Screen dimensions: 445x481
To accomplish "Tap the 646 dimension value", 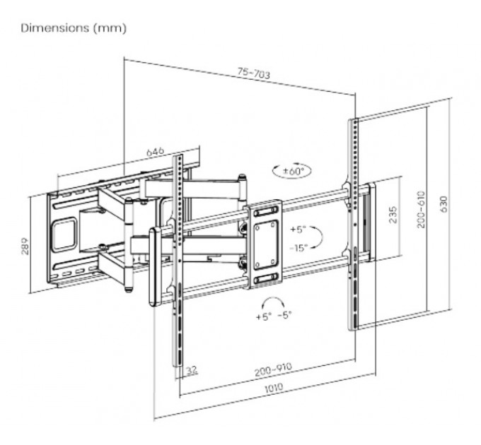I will (x=155, y=152).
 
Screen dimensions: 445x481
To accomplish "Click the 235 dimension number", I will (x=393, y=215).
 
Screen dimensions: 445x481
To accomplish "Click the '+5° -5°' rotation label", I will (x=274, y=316).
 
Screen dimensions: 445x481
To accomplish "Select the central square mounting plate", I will (x=264, y=244).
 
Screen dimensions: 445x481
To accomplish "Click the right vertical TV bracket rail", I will (x=354, y=222).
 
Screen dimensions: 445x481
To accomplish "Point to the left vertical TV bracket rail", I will (x=180, y=261).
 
